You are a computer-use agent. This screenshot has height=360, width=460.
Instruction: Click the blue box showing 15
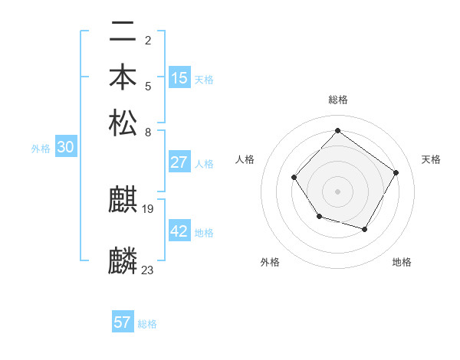pyautogui.click(x=179, y=78)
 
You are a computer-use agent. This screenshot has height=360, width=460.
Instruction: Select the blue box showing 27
pyautogui.click(x=179, y=162)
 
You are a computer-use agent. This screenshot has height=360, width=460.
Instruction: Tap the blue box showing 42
pyautogui.click(x=179, y=231)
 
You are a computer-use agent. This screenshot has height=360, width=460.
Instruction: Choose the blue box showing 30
pyautogui.click(x=65, y=148)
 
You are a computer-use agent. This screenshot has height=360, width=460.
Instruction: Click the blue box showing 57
pyautogui.click(x=123, y=322)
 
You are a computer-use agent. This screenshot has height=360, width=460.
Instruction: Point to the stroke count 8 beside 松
pyautogui.click(x=148, y=131)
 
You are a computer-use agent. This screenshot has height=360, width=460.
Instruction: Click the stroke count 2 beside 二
pyautogui.click(x=148, y=40)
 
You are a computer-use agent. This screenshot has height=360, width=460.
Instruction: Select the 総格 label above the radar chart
pyautogui.click(x=338, y=100)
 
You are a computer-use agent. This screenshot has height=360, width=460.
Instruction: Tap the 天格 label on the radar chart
pyautogui.click(x=432, y=159)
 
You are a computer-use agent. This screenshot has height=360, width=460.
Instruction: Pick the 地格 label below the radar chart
pyautogui.click(x=402, y=262)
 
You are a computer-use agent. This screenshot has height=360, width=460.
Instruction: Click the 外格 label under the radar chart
pyautogui.click(x=270, y=262)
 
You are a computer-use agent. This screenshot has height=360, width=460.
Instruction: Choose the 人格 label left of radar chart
pyautogui.click(x=245, y=159)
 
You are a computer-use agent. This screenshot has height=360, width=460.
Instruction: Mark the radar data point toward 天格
pyautogui.click(x=396, y=172)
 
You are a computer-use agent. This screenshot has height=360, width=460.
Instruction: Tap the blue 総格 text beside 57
pyautogui.click(x=147, y=324)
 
